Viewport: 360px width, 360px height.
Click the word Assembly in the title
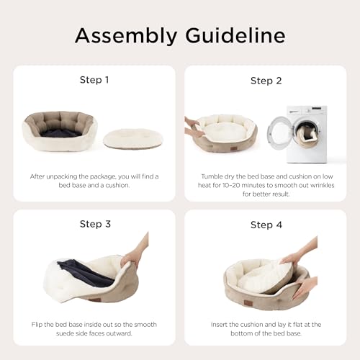[x=126, y=36]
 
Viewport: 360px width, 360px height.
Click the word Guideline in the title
[x=235, y=35]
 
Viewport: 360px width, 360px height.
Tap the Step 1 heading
[x=94, y=80]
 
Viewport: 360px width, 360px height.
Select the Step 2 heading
[x=266, y=81]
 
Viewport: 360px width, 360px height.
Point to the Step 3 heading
[x=95, y=224]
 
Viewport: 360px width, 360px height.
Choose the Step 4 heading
[x=266, y=225]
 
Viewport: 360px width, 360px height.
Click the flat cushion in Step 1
[x=133, y=138]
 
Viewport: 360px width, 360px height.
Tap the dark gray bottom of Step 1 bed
[x=61, y=132]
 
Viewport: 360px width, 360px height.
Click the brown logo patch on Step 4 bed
[x=248, y=303]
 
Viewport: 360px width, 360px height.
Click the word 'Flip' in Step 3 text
[x=37, y=325]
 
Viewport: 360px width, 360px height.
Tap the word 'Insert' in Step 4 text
[x=219, y=325]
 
